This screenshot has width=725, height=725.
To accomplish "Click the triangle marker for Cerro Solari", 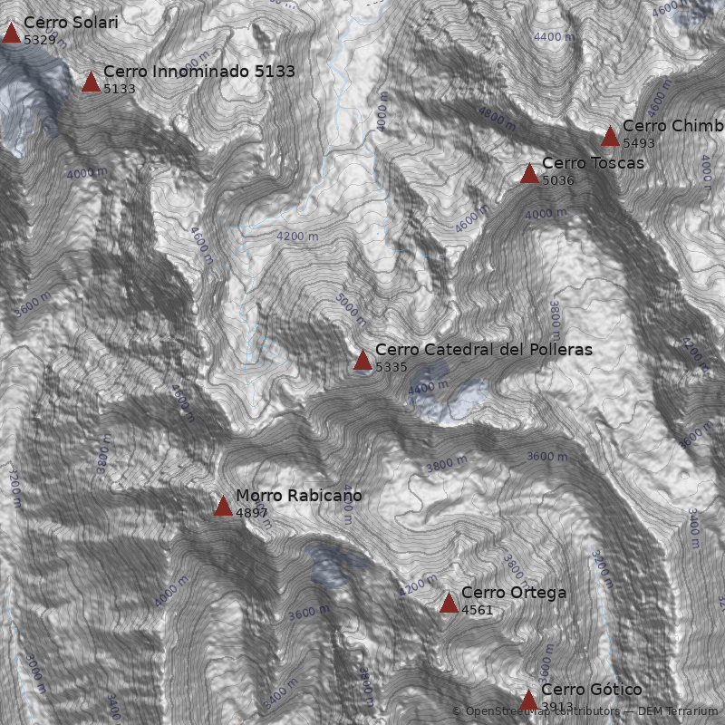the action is (x=11, y=34).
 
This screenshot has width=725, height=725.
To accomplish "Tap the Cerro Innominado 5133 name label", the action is (x=198, y=72).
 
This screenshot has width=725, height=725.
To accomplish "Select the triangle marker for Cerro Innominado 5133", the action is (x=91, y=82).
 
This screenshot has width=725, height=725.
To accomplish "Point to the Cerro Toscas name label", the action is (x=593, y=163).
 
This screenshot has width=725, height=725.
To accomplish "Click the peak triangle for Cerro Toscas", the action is (x=529, y=174).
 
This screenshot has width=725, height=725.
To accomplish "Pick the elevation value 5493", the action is (x=639, y=143).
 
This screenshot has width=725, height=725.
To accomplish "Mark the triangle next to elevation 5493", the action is (x=610, y=137).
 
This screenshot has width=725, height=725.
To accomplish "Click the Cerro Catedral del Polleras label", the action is (x=483, y=350).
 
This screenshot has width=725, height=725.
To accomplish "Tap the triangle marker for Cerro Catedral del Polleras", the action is (x=362, y=361).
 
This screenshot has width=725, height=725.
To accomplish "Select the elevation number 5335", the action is (x=391, y=367).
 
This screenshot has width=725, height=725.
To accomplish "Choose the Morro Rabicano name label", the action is (x=298, y=496).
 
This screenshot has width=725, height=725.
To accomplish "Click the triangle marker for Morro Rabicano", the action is (x=223, y=507).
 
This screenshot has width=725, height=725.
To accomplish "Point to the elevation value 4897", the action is (x=252, y=513).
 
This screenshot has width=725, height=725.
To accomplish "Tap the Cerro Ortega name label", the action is (x=513, y=593).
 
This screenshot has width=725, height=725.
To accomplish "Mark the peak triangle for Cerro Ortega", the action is (x=449, y=604).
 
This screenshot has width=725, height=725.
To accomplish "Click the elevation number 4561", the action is (x=478, y=610).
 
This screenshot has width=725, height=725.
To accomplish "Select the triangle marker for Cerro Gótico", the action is (x=528, y=701).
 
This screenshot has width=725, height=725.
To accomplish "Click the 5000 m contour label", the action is (x=351, y=309).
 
